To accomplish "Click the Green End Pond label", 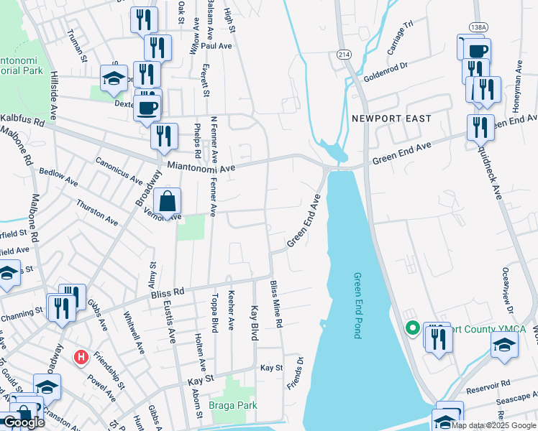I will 357,305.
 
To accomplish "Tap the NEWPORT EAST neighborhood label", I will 391,119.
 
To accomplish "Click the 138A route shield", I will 478,27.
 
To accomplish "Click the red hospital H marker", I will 81,356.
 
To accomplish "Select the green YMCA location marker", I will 413,329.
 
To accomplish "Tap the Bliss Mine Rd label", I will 275,305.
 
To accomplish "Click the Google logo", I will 24,422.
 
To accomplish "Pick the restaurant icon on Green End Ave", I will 480,127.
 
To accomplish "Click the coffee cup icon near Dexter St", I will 147,108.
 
